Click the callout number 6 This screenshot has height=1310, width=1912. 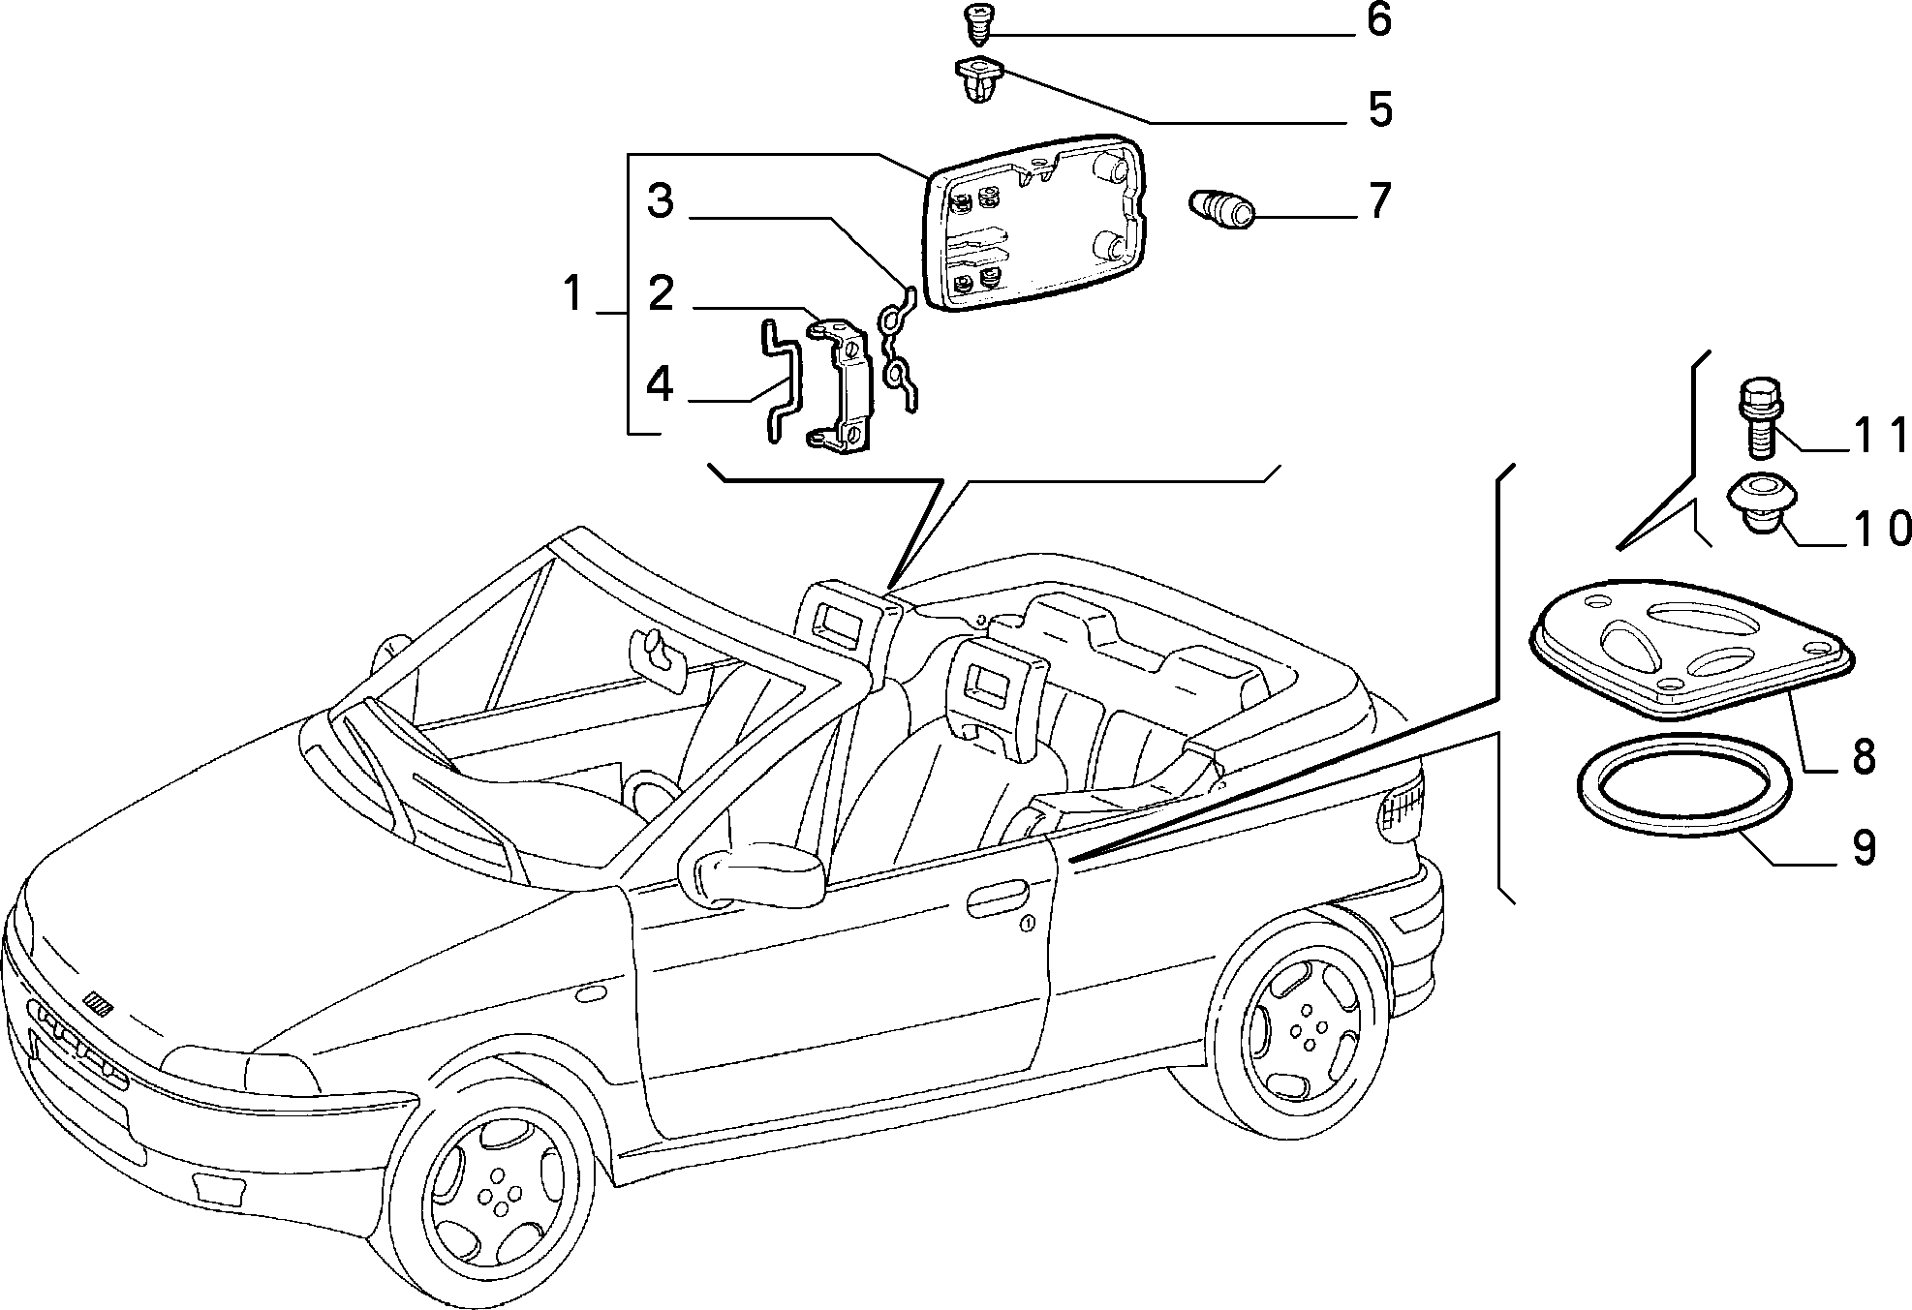pos(1378,20)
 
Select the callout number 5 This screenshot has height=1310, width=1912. pos(1379,109)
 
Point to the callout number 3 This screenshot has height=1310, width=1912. pos(661,201)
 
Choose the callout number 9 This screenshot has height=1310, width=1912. pos(1864,847)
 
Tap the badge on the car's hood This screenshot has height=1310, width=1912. pos(98,1002)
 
